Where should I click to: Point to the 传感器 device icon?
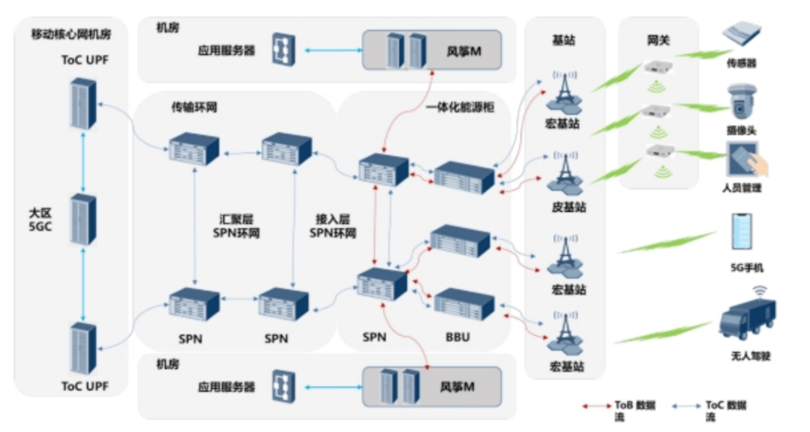pyautogui.click(x=741, y=36)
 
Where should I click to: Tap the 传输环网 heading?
pyautogui.click(x=193, y=107)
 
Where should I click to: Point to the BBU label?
pyautogui.click(x=457, y=337)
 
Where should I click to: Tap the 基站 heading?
pyautogui.click(x=564, y=41)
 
